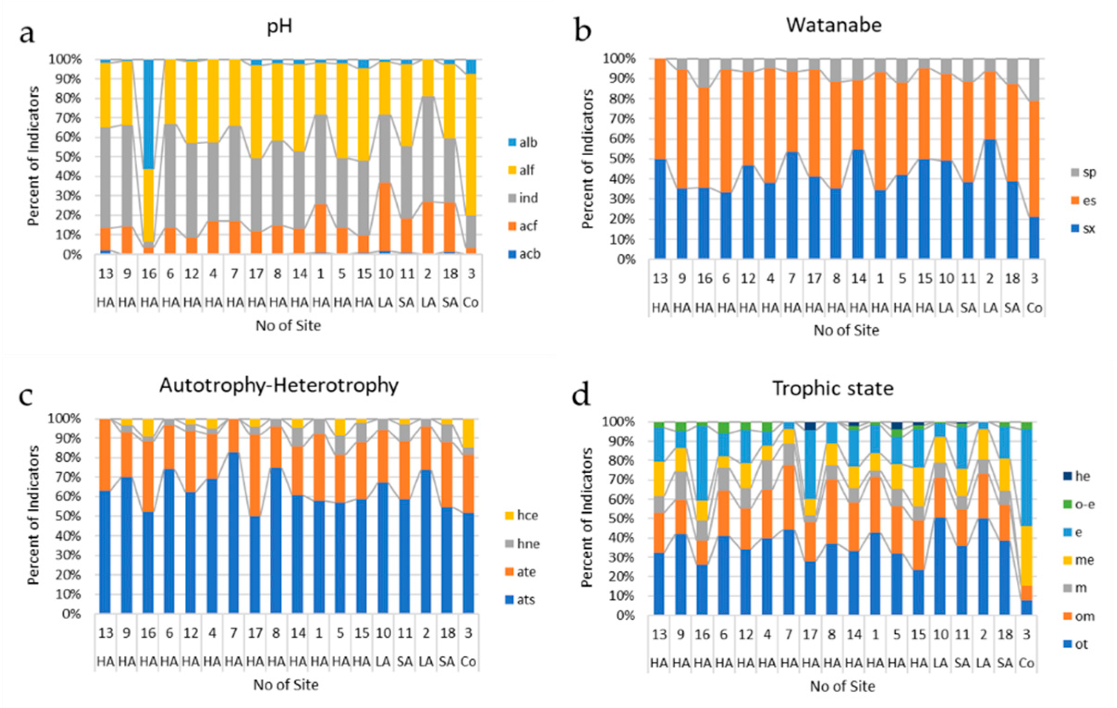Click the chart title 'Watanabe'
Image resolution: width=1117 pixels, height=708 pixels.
pyautogui.click(x=833, y=25)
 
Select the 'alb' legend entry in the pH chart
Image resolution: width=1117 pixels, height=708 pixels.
pyautogui.click(x=523, y=142)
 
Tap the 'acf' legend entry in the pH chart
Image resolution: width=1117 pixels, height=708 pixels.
pyautogui.click(x=523, y=226)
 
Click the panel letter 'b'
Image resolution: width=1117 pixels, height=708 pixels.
pyautogui.click(x=583, y=31)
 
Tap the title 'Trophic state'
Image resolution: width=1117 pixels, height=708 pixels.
pyautogui.click(x=832, y=388)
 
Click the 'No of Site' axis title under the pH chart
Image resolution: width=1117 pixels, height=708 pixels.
pyautogui.click(x=288, y=326)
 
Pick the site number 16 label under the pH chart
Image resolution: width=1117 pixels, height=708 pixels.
pyautogui.click(x=149, y=274)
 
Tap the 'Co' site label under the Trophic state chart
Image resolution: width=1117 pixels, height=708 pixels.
pyautogui.click(x=1026, y=664)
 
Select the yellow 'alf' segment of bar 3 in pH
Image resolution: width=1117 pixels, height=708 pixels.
pyautogui.click(x=471, y=144)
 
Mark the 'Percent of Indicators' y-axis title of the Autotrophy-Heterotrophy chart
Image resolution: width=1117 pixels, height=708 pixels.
pyautogui.click(x=33, y=515)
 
